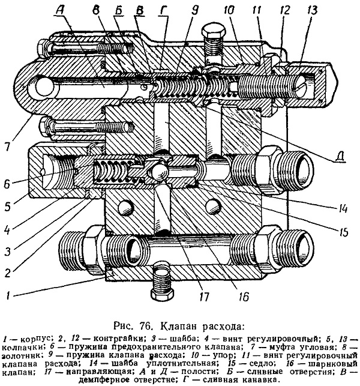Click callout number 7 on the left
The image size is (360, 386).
[x=7, y=145]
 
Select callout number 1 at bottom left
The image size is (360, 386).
[x=8, y=295]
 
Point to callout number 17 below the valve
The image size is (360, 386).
[x=204, y=297]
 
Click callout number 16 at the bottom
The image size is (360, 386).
[x=242, y=297]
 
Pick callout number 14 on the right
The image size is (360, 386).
[x=342, y=208]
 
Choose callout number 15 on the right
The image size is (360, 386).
[x=342, y=231]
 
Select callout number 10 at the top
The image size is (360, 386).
[x=230, y=10]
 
